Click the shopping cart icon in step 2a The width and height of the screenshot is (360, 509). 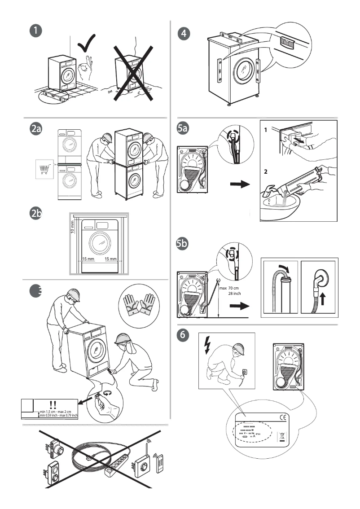(x=44, y=169)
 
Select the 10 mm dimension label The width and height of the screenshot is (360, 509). (x=72, y=224)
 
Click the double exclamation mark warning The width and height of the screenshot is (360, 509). (x=53, y=404)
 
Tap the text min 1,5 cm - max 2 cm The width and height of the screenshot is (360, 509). (x=58, y=412)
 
